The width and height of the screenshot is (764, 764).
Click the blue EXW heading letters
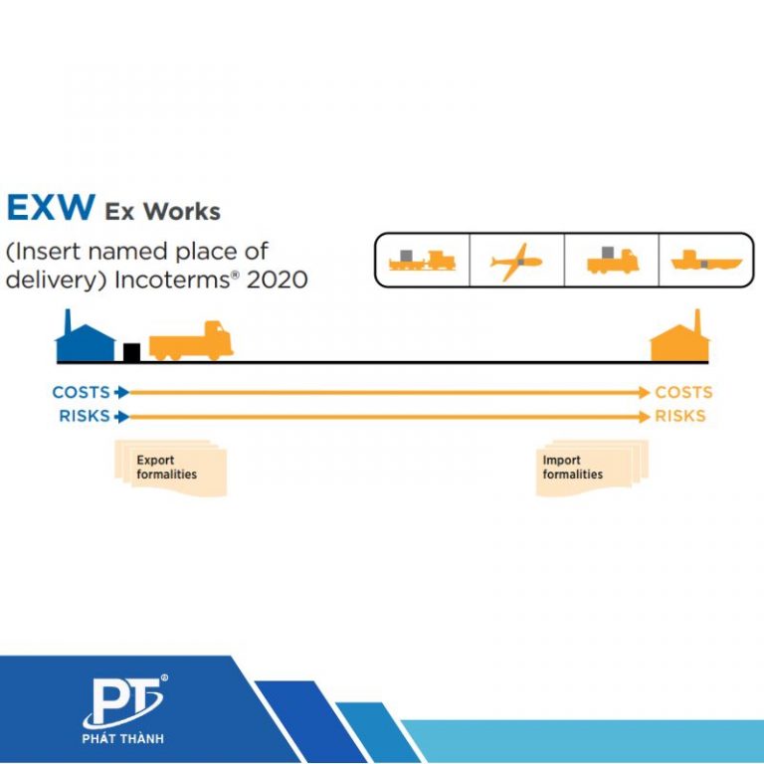click(51, 207)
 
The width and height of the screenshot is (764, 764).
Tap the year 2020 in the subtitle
click(277, 280)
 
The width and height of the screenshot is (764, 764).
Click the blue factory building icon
click(84, 338)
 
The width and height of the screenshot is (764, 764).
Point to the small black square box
click(131, 351)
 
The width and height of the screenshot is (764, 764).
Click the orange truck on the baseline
click(191, 341)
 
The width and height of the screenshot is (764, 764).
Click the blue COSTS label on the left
click(81, 392)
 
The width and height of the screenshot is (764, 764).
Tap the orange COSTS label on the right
click(683, 392)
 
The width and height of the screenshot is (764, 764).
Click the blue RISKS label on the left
click(85, 416)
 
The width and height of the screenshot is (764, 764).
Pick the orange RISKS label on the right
click(680, 416)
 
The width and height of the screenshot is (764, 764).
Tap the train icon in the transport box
click(423, 262)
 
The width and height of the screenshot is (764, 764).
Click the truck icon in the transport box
click(612, 262)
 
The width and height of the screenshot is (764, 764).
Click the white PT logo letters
click(123, 702)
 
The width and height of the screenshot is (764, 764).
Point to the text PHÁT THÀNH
click(124, 738)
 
